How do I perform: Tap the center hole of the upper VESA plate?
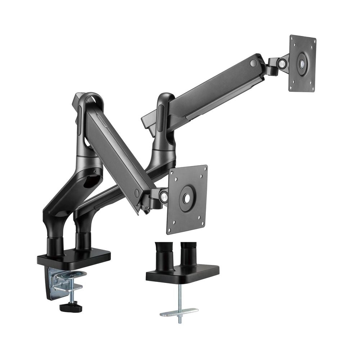pyautogui.click(x=302, y=63)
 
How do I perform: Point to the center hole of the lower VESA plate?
pyautogui.click(x=187, y=198)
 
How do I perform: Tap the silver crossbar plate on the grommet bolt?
pyautogui.click(x=179, y=311)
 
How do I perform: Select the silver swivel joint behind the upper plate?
pyautogui.click(x=282, y=64)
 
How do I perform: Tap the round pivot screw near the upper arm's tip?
pyautogui.click(x=254, y=63)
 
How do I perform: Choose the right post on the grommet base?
pyautogui.click(x=188, y=254)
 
